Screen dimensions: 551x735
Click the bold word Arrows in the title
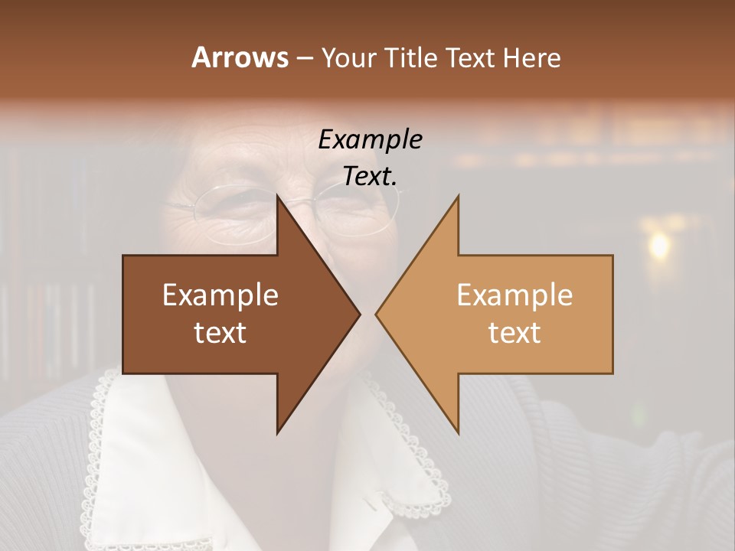[239, 57]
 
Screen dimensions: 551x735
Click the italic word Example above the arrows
[370, 139]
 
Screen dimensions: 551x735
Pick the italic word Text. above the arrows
[370, 176]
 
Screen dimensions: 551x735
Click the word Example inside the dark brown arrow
[220, 295]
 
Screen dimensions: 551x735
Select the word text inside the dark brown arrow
[220, 333]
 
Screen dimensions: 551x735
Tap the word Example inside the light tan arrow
[514, 295]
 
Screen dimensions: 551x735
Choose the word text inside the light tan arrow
[514, 333]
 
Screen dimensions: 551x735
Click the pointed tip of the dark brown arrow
[360, 314]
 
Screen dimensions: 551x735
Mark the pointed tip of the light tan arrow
[376, 314]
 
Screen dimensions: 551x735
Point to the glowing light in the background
[658, 245]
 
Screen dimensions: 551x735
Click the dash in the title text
[304, 58]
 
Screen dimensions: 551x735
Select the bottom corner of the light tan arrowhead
[459, 433]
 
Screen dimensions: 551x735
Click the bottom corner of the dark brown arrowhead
[277, 433]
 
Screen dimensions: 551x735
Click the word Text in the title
[472, 57]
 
